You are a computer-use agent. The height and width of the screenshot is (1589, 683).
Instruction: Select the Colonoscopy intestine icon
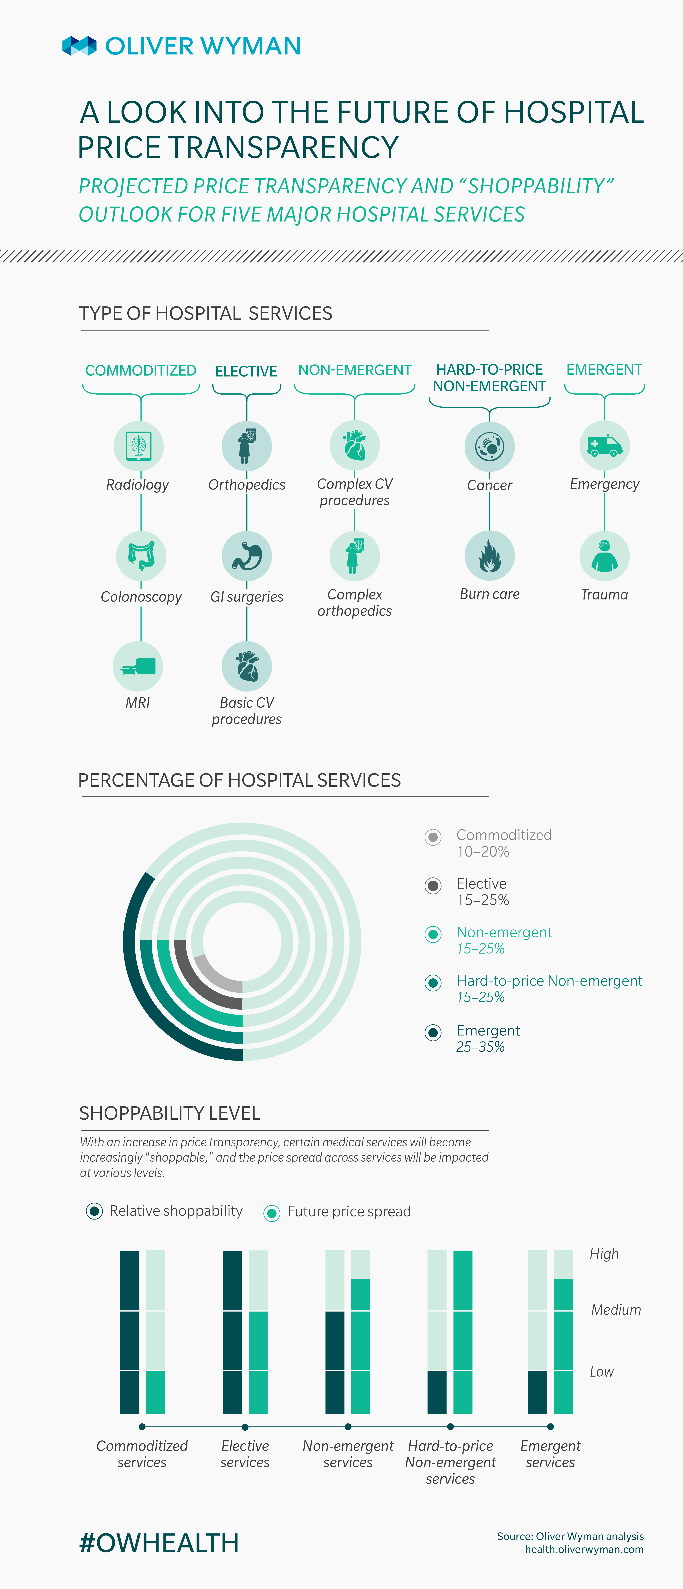pos(141,556)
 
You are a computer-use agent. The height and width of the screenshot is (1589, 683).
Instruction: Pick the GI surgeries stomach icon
pos(247,556)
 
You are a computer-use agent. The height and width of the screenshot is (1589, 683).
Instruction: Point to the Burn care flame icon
pos(489,556)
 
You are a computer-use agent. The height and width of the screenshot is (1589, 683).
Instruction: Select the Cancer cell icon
pos(489,446)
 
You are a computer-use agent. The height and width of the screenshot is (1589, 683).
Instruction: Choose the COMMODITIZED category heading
pos(141,370)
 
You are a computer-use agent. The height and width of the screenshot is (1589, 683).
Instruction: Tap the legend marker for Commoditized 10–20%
pos(433,837)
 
